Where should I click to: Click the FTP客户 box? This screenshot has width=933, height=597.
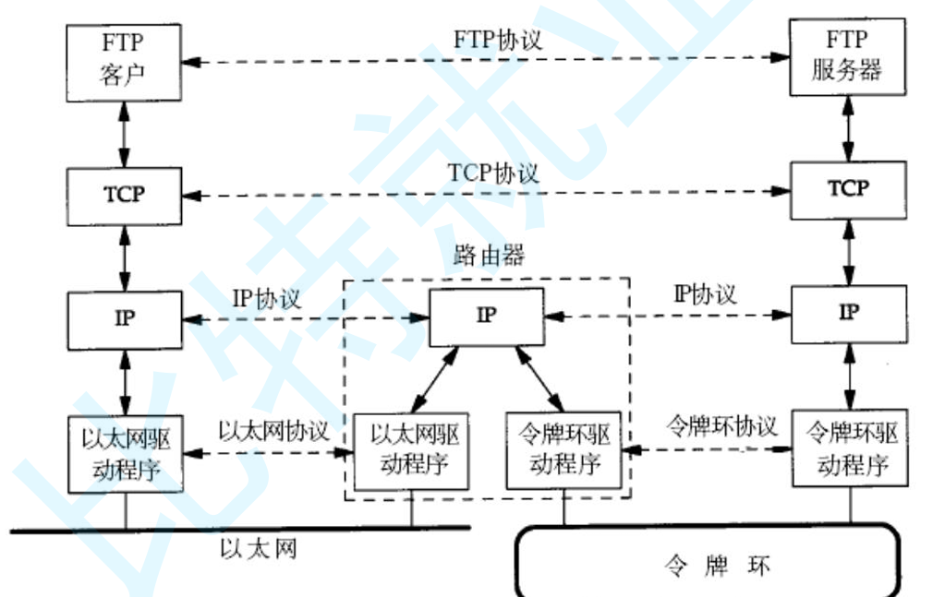pyautogui.click(x=124, y=63)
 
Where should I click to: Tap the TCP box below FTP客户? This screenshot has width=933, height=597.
pyautogui.click(x=124, y=197)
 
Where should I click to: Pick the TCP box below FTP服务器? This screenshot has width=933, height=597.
pyautogui.click(x=847, y=189)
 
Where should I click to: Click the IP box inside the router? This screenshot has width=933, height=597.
pyautogui.click(x=486, y=316)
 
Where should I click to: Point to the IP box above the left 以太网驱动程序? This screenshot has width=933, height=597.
pyautogui.click(x=124, y=319)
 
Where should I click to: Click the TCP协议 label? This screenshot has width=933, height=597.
pyautogui.click(x=492, y=173)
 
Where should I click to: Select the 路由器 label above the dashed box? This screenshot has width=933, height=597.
pyautogui.click(x=490, y=256)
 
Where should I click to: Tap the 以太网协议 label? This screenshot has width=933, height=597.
pyautogui.click(x=273, y=430)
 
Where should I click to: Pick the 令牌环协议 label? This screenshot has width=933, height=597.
pyautogui.click(x=721, y=427)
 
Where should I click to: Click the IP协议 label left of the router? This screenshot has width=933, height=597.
pyautogui.click(x=265, y=299)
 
